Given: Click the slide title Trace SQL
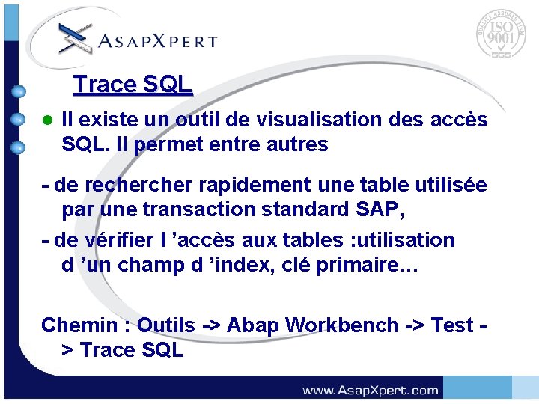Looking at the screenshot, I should point(133,85).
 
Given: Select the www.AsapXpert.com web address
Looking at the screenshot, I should point(370,390).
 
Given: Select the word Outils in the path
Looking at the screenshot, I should point(166,325).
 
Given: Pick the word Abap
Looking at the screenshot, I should point(252,325).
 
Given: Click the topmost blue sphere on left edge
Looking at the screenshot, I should point(19,92).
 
